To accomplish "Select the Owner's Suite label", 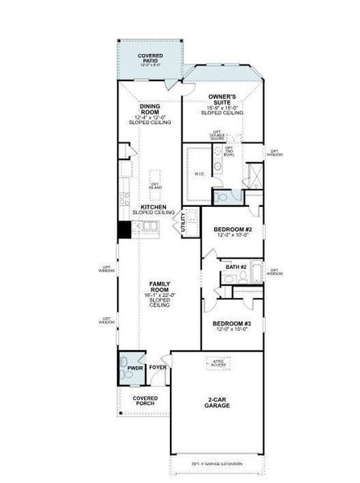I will point(221,101).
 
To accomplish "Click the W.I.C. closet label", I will point(201,174).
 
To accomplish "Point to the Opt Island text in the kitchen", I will point(155,187).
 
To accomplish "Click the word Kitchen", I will point(153,207).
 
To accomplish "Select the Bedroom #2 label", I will point(233,230).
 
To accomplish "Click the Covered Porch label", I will point(145,402).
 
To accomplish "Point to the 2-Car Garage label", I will point(217,402).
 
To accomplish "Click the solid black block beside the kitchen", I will point(124,229).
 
